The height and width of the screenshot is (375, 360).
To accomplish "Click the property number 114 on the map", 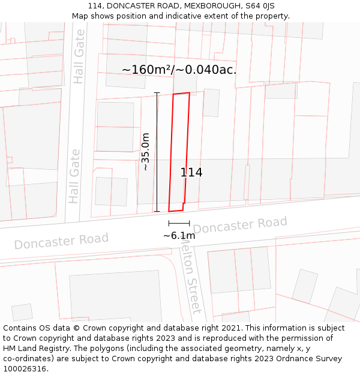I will [191, 173].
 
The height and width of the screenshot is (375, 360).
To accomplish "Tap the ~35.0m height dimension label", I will [145, 152].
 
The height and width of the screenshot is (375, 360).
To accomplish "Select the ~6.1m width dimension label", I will [179, 236].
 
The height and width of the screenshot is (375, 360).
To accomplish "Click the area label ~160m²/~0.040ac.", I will [179, 70].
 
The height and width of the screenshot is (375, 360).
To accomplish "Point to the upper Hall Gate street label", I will [79, 57].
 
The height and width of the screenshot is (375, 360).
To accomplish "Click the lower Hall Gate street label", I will [74, 176].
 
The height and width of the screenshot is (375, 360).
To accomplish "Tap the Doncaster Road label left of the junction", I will [61, 241].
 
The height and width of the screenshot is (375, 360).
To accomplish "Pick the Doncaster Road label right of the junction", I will [240, 226].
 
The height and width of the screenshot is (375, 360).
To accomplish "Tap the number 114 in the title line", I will [94, 6].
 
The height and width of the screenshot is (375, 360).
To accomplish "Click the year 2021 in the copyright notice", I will [229, 328].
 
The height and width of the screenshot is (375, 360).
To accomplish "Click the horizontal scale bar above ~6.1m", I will [179, 223].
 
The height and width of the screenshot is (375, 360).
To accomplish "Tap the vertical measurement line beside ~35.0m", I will [157, 152].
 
